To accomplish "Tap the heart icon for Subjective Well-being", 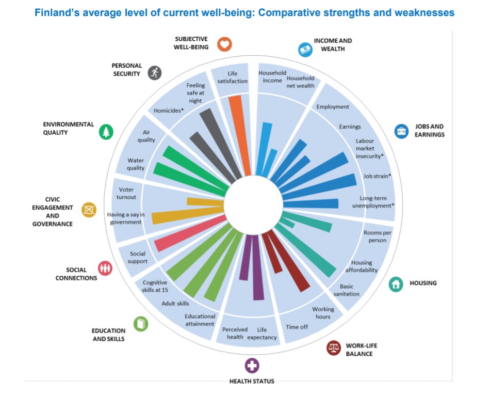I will point(224,44).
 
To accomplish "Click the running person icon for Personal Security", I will point(154,73).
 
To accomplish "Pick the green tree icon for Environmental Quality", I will point(106,132).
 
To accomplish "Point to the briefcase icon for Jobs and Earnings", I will point(401,131).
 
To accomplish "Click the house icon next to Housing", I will point(396,283).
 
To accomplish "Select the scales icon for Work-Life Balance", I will point(334,348).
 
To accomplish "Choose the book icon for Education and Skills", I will point(141,324).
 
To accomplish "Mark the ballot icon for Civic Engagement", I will point(89,210).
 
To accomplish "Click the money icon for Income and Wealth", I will point(305,49).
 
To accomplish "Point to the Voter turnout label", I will point(124,193).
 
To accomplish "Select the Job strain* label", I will point(377,176).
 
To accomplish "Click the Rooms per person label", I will point(378,237).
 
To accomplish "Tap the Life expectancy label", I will point(262,333).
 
